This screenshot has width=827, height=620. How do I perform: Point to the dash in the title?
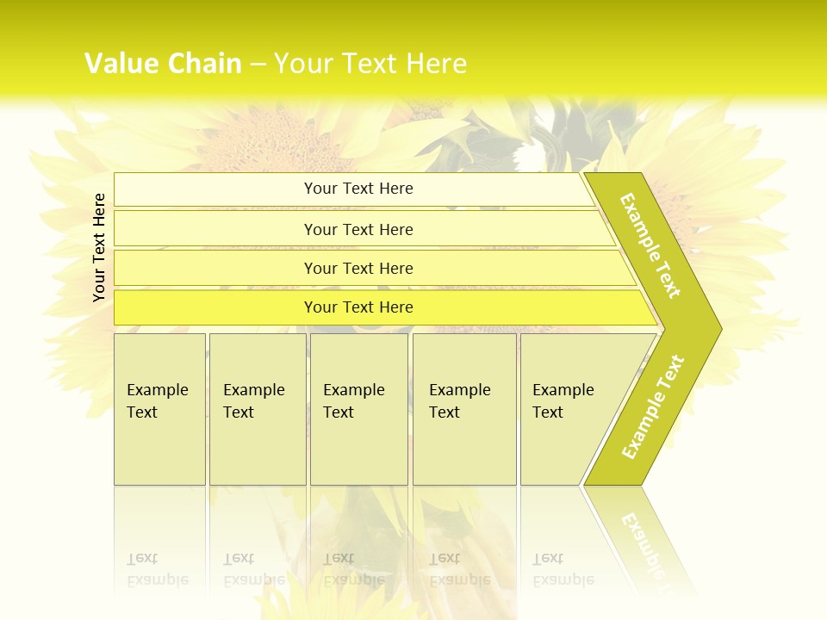pyautogui.click(x=258, y=65)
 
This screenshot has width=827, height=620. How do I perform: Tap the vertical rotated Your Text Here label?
pyautogui.click(x=99, y=247)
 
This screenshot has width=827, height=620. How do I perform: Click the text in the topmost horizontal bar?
pyautogui.click(x=358, y=189)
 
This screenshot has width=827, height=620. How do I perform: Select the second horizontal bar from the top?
pyautogui.click(x=358, y=229)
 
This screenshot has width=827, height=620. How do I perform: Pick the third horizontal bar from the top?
pyautogui.click(x=358, y=268)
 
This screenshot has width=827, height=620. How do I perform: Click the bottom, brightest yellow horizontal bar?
pyautogui.click(x=358, y=307)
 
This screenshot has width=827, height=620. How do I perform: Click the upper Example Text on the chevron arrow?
pyautogui.click(x=651, y=245)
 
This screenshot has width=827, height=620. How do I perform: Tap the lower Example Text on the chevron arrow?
pyautogui.click(x=653, y=407)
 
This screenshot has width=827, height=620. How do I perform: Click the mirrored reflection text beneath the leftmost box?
pyautogui.click(x=157, y=568)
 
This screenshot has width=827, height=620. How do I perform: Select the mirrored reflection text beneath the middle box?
pyautogui.click(x=353, y=568)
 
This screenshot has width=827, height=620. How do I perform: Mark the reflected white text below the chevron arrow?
pyautogui.click(x=642, y=542)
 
